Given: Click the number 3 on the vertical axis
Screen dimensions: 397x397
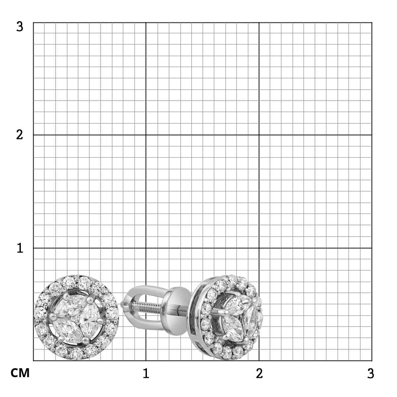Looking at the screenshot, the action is tap(20, 27).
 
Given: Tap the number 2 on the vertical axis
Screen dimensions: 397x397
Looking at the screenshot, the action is tap(20, 135).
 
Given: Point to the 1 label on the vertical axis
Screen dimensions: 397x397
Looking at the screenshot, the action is tap(20, 248).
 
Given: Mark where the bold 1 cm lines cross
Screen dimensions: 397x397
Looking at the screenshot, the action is tap(146, 248).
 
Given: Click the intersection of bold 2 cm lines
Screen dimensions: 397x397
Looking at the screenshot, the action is tap(259, 135).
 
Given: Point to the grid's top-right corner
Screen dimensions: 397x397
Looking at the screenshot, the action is tap(372, 22).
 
